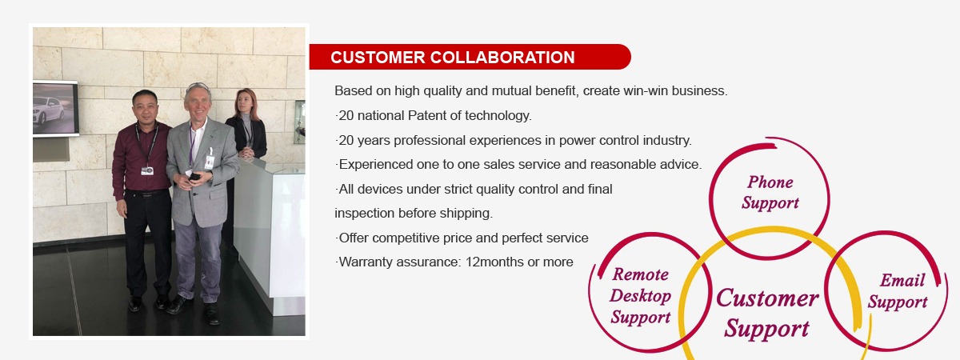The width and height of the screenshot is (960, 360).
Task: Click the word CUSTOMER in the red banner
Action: (378, 58)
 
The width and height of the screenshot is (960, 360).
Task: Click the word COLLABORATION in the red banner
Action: (502, 58)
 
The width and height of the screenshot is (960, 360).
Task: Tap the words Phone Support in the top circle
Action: (770, 193)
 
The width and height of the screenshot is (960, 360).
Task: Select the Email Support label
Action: (898, 291)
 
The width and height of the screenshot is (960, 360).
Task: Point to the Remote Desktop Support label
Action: (640, 296)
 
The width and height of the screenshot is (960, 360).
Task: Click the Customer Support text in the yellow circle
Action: (767, 314)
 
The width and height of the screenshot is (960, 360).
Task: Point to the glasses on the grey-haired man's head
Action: (198, 86)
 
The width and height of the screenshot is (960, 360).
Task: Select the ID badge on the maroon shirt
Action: (147, 170)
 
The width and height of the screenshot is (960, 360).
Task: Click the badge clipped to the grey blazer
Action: (210, 161)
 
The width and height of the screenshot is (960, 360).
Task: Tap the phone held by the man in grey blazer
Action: (194, 176)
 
